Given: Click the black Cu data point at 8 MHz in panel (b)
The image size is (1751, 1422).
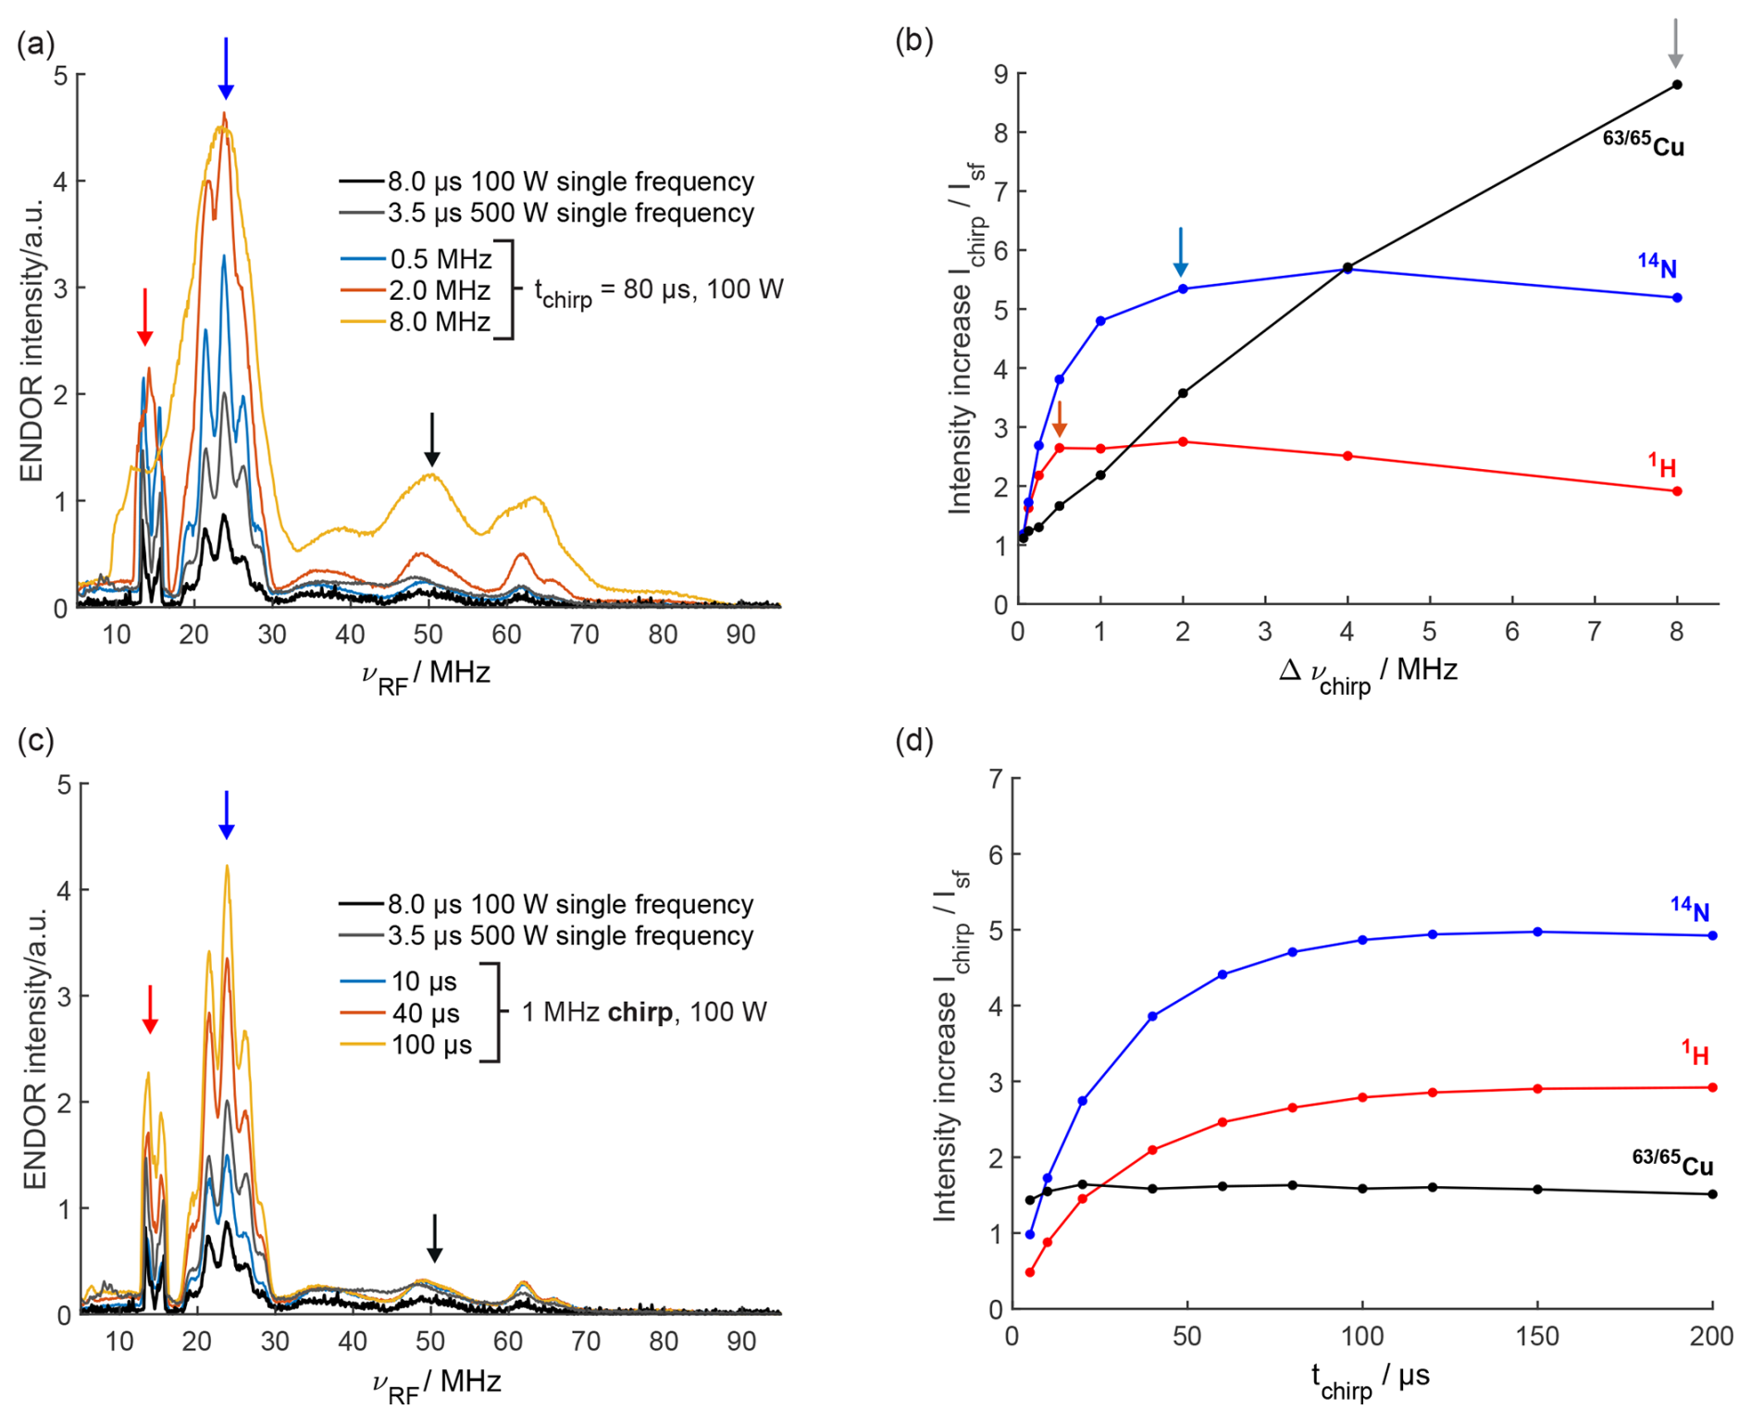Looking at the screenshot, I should point(1677,85).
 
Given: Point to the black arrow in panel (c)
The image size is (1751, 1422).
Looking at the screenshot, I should point(434,1238).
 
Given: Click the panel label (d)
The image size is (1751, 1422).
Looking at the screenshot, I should point(914,741).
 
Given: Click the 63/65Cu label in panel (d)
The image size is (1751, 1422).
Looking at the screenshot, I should point(1672,1163).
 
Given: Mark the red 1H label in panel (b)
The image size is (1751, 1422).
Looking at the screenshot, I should point(1662,465).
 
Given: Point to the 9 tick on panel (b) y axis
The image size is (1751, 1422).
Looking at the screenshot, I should point(1000,74).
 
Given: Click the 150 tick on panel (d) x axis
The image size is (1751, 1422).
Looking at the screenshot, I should point(1537,1337).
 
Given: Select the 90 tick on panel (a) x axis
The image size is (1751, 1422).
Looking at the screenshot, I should point(740,635).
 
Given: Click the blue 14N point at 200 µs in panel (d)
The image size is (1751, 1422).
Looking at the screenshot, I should point(1712,935).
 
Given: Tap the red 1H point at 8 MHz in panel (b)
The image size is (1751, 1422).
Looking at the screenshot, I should point(1677,491).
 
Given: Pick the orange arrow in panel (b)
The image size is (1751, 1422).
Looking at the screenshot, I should point(1060,418).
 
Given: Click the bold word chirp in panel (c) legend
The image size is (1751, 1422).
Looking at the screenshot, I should point(640,1012).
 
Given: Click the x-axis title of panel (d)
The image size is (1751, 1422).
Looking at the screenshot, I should point(1370,1380).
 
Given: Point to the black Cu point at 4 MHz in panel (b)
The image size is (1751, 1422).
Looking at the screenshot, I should point(1347,267).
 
